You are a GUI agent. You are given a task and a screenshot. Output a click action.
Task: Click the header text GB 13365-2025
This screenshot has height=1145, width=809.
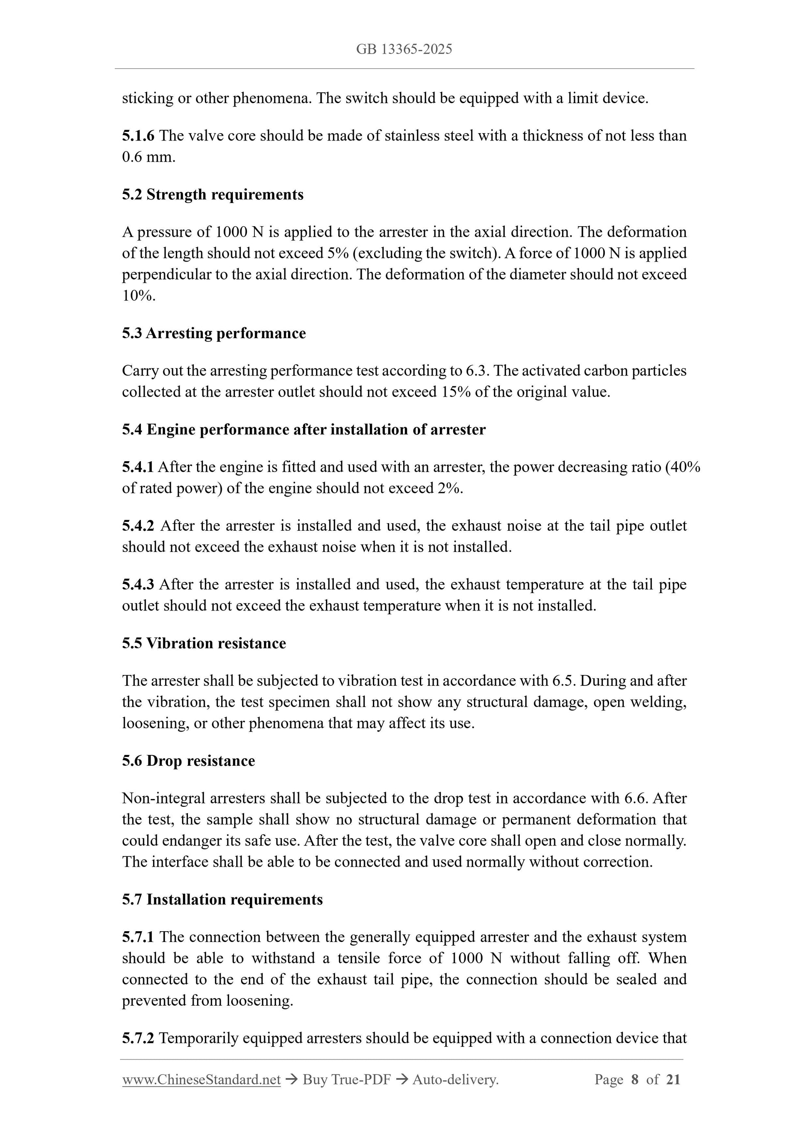(x=404, y=49)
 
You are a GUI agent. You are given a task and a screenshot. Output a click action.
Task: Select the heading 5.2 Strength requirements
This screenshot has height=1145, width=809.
(x=213, y=195)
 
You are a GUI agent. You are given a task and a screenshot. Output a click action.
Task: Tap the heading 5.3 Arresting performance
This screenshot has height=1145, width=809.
(x=214, y=333)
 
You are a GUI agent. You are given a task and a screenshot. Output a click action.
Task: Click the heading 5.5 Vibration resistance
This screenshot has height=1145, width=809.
(x=204, y=643)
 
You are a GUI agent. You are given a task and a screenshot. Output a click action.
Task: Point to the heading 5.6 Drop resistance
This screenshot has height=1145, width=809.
(x=188, y=761)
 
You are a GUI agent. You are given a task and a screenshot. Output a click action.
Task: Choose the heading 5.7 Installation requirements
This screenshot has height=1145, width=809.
(x=222, y=899)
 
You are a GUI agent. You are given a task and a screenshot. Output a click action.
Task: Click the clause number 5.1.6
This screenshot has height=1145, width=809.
(x=138, y=136)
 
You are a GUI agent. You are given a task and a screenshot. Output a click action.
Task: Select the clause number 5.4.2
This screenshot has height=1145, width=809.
(x=138, y=526)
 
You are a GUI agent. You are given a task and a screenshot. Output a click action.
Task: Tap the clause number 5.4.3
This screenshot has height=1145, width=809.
(x=138, y=584)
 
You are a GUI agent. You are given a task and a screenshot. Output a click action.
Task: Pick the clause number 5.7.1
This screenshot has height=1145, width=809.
(x=138, y=937)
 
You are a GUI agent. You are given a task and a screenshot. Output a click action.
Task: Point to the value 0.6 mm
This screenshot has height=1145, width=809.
(x=148, y=157)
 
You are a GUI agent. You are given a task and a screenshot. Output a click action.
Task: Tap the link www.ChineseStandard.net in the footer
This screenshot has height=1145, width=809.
(x=201, y=1080)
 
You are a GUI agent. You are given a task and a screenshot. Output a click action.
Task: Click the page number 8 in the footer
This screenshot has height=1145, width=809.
(x=634, y=1080)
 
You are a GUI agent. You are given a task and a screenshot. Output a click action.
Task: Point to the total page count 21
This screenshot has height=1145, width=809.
(x=673, y=1080)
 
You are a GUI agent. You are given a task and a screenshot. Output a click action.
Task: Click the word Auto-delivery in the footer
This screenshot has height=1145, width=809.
(x=455, y=1080)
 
